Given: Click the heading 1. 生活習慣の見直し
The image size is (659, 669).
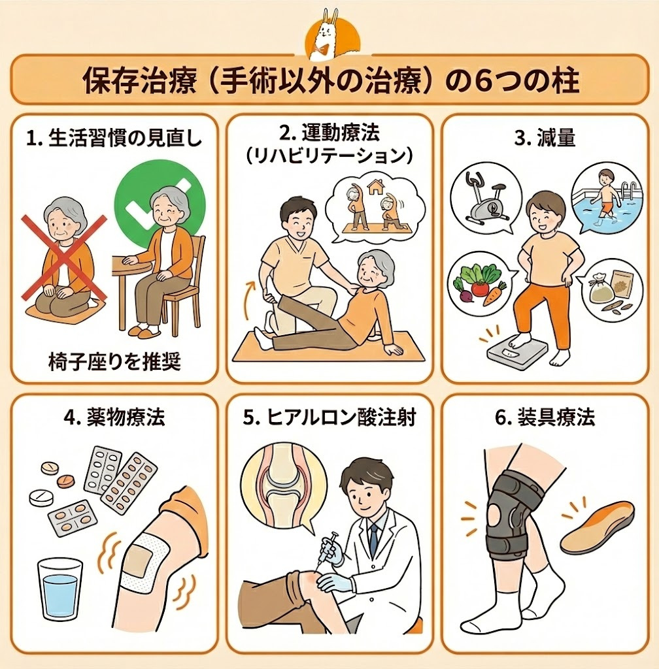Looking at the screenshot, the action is (114, 139).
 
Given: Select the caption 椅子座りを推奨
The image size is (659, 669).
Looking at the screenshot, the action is (115, 361).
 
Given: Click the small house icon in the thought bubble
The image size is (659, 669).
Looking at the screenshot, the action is (375, 187).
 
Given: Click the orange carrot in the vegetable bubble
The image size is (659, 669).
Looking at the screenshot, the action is (494, 294).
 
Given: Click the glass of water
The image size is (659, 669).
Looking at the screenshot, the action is (61, 589).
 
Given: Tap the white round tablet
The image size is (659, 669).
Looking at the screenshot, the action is (41, 497).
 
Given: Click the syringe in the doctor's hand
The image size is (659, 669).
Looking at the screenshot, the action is (326, 549).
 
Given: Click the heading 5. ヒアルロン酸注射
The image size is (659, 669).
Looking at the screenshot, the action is (329, 417).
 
